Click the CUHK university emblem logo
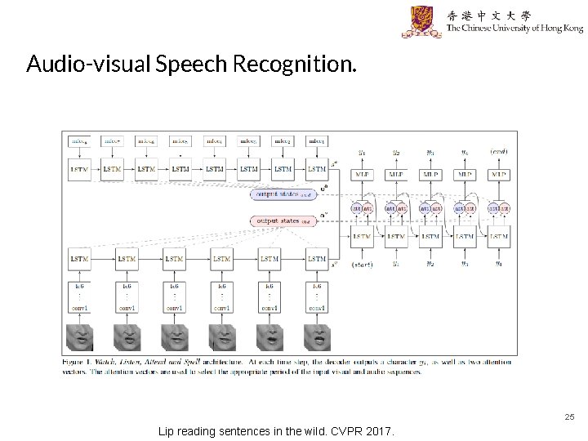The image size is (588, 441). pos(421,21)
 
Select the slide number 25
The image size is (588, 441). pos(569,416)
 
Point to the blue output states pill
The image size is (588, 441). pos(283,194)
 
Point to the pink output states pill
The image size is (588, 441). pos(283,220)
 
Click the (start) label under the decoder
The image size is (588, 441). pos(362,265)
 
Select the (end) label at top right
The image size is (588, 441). pos(499,152)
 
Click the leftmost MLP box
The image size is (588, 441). pos(362,174)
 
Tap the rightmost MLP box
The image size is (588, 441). pos(499,174)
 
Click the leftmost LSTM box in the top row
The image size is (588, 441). pos(78,169)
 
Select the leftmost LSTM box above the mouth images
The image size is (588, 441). pos(79,259)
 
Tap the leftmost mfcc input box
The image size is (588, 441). pos(78,141)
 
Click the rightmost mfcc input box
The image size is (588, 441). pos(317,141)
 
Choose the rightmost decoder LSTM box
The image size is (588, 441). pos(499,237)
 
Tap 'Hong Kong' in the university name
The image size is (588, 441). pos(558,29)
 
